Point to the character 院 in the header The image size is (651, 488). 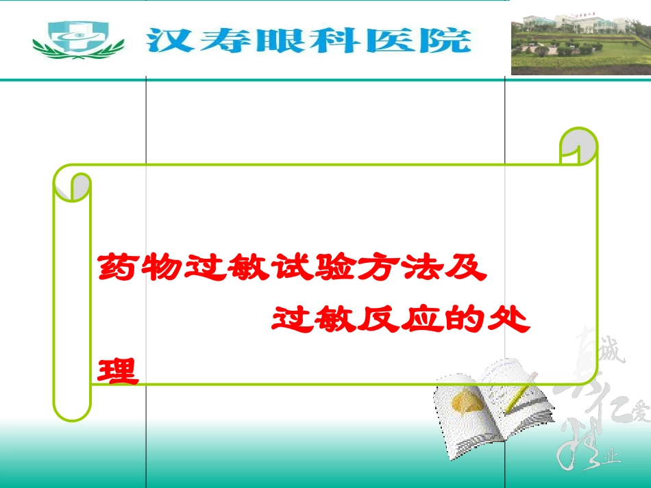click(449, 40)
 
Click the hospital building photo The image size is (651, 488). click(580, 43)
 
